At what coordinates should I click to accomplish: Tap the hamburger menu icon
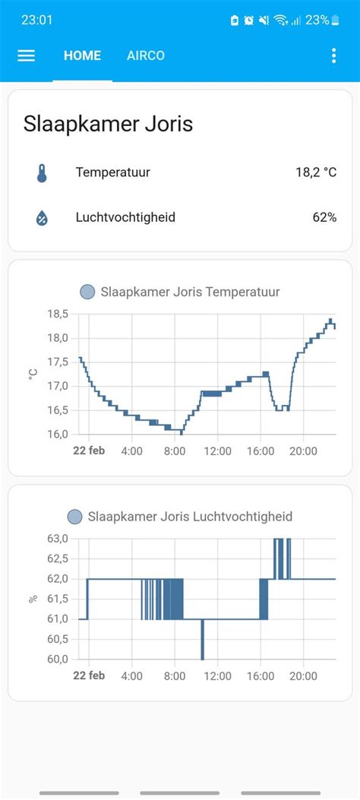(x=27, y=55)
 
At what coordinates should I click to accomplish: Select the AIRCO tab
(x=146, y=55)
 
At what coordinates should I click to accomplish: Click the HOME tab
(x=82, y=55)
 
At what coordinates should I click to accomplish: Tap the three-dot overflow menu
(x=333, y=55)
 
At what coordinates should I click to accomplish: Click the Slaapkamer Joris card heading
(x=109, y=124)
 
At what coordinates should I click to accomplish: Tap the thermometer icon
(x=42, y=172)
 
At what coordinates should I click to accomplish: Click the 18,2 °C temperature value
(x=316, y=172)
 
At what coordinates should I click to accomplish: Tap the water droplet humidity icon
(x=42, y=218)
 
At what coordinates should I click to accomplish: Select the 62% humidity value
(x=324, y=218)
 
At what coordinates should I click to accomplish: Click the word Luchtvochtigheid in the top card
(x=125, y=218)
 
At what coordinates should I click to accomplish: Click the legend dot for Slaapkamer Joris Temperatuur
(x=87, y=292)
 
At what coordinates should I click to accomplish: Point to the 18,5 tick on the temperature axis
(x=58, y=314)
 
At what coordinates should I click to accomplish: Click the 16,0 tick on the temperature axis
(x=58, y=434)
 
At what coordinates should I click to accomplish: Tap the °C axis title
(x=33, y=373)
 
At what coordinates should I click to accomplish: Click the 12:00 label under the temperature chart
(x=217, y=451)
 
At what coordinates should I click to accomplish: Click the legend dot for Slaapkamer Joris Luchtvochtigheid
(x=74, y=517)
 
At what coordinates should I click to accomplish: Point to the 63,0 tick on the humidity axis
(x=58, y=539)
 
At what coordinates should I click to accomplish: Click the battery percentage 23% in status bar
(x=317, y=20)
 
